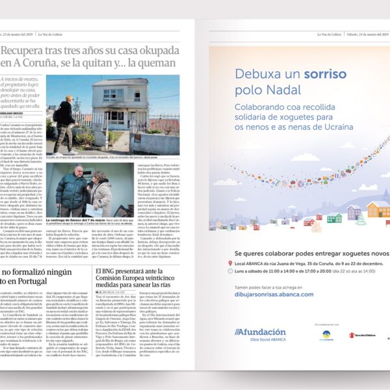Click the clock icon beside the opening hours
pyautogui.click(x=231, y=274)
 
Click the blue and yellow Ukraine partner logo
pyautogui.click(x=328, y=335)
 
